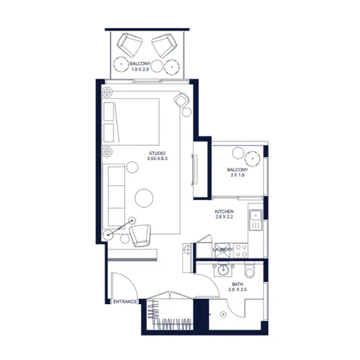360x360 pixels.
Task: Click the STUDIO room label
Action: click(x=157, y=153)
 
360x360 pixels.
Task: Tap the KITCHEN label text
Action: click(x=224, y=212)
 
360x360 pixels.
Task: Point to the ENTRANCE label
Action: click(x=125, y=302)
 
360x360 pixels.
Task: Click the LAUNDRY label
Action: click(x=223, y=249)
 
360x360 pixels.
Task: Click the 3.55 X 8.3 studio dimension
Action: click(x=157, y=159)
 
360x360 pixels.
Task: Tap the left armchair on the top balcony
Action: click(x=130, y=44)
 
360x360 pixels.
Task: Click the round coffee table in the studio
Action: click(x=145, y=198)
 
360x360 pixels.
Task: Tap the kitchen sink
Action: click(x=255, y=215)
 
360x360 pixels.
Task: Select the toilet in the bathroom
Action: click(x=256, y=274)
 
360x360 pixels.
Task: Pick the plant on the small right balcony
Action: click(x=254, y=158)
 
